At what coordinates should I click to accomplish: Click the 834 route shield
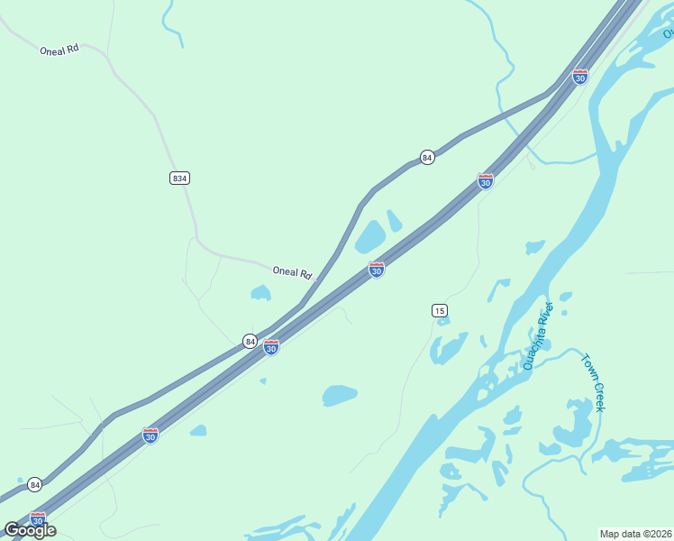point(179,178)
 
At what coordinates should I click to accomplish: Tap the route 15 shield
point(439,310)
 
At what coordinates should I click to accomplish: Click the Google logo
point(30,529)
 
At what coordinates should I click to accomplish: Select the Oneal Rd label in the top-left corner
point(59,50)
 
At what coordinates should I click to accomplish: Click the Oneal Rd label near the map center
point(291,271)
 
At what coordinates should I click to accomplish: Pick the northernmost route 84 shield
point(427,157)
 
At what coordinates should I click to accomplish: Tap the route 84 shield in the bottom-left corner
point(34,484)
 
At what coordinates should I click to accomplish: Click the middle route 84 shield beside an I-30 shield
point(250,341)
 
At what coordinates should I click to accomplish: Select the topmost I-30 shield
point(580,77)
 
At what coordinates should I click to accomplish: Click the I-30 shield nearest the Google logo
point(37,520)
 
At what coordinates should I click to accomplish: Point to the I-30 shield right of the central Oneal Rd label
point(377,270)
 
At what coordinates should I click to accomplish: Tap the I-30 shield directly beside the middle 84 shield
point(271,346)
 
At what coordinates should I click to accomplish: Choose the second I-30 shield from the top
point(486,181)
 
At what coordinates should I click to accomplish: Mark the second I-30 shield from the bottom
point(150,436)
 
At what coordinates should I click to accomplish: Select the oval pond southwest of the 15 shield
point(340,395)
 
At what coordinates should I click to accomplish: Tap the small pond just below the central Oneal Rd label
point(260,292)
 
